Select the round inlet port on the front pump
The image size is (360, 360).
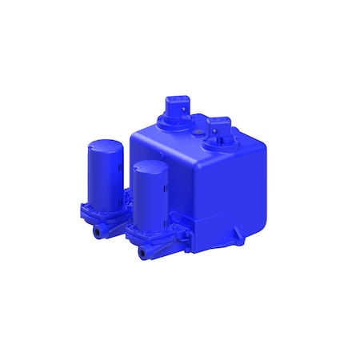pyautogui.click(x=143, y=254)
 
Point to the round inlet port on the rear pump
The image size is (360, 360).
pyautogui.click(x=99, y=231)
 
